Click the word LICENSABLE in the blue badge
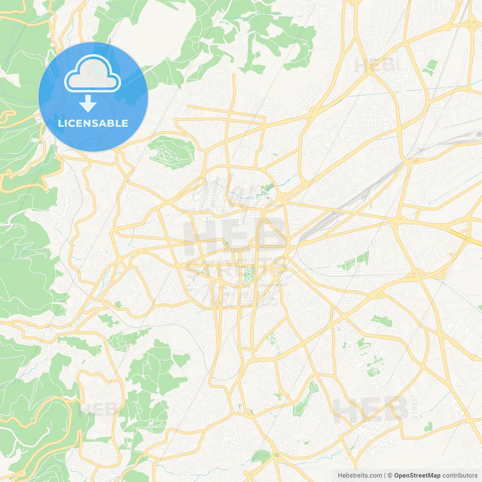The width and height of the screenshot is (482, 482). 93,123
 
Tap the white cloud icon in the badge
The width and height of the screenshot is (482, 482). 93,73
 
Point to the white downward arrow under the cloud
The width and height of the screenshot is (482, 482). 88,104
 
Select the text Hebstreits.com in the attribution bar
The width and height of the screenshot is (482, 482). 360,476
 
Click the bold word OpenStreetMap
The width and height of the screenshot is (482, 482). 417,476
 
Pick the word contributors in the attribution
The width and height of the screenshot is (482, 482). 460,476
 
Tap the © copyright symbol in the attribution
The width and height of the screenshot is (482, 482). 390,476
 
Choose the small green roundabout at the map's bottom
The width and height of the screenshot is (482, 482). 277,455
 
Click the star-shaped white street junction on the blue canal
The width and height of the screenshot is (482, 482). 403,91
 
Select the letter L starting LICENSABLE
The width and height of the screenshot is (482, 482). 60,123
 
